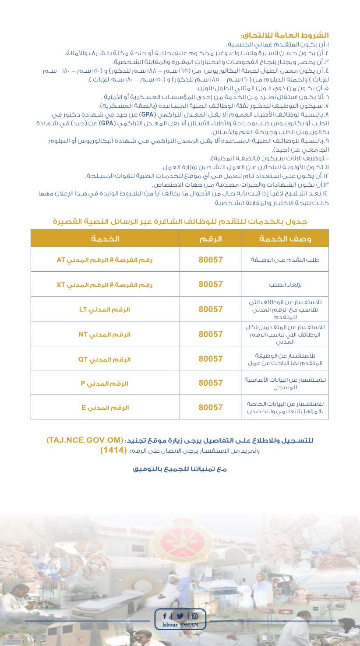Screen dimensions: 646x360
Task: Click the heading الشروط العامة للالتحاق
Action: tap(284, 35)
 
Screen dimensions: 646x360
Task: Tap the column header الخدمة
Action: tap(105, 238)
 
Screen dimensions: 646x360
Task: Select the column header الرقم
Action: tap(211, 238)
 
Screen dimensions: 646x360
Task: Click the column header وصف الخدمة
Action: tap(285, 238)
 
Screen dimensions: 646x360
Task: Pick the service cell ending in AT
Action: tap(105, 259)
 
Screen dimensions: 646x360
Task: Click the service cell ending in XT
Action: tap(105, 284)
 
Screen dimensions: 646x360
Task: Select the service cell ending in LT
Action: tap(105, 309)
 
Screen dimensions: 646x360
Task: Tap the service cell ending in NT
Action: tap(105, 334)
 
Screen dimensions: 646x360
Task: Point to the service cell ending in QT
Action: tap(105, 359)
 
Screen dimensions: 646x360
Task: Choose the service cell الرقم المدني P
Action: tap(105, 383)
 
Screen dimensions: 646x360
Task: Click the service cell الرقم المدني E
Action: tap(105, 407)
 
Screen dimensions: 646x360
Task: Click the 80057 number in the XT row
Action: tap(211, 284)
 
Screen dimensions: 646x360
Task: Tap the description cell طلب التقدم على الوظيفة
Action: tap(285, 260)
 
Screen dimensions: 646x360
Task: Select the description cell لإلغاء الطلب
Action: tap(285, 284)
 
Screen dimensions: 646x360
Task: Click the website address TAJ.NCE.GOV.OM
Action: tap(83, 440)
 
